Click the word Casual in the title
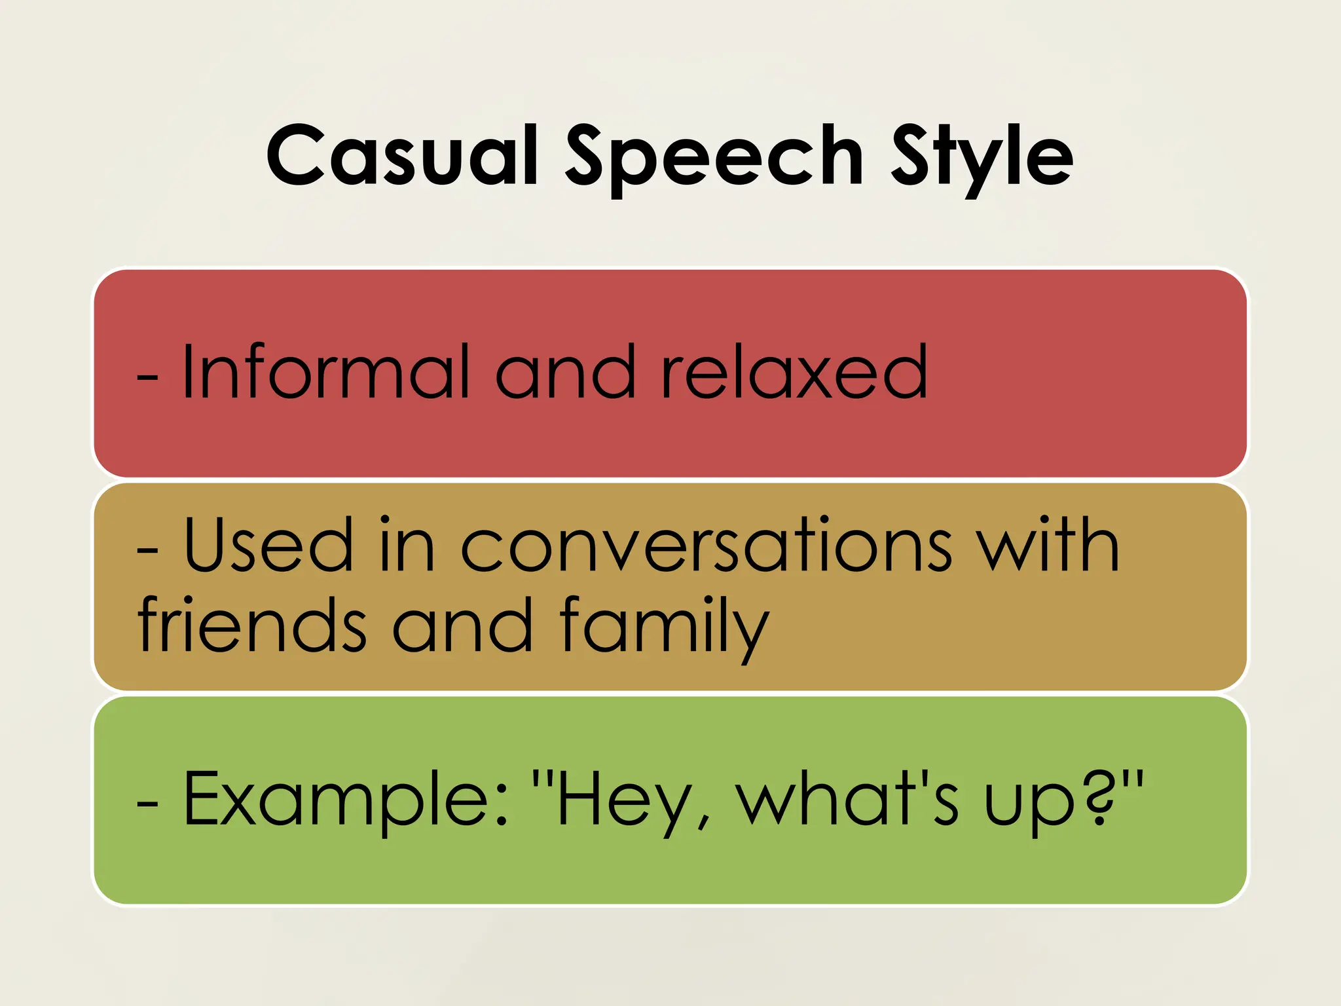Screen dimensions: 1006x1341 [x=402, y=156]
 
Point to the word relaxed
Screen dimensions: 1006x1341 [x=794, y=372]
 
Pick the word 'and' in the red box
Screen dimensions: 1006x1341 [x=565, y=372]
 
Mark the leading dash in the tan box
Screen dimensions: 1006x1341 [x=147, y=550]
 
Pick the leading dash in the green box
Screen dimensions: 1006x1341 [x=147, y=804]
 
